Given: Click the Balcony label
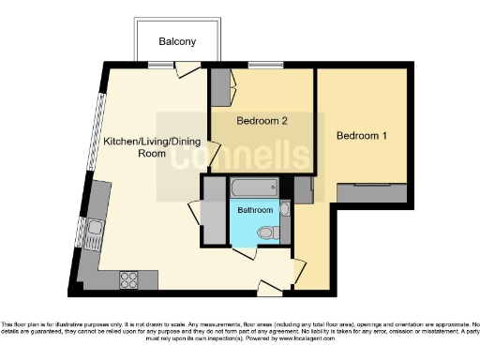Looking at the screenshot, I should pyautogui.click(x=177, y=42).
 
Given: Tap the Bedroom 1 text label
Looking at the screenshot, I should pyautogui.click(x=362, y=136).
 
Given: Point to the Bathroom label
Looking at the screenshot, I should pyautogui.click(x=254, y=210).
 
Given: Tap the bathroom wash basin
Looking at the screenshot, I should pyautogui.click(x=285, y=209).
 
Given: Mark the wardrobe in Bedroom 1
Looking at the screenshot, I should pyautogui.click(x=372, y=191).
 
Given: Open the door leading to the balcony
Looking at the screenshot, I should pyautogui.click(x=188, y=69).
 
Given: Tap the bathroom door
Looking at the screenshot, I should pyautogui.click(x=244, y=252).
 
